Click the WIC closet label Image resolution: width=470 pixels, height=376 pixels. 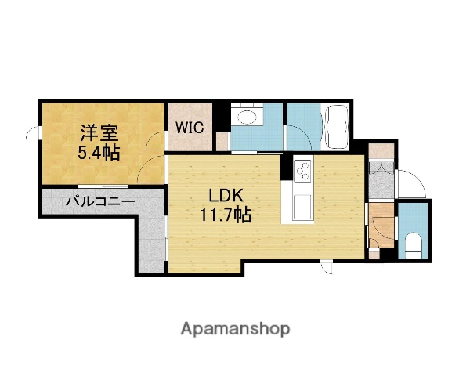(190, 127)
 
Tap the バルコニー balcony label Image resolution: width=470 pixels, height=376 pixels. (99, 201)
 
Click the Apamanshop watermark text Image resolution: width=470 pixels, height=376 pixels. (236, 329)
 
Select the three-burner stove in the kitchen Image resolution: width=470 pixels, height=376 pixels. (303, 170)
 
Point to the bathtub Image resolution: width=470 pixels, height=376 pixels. (338, 127)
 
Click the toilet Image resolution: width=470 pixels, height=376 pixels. (414, 244)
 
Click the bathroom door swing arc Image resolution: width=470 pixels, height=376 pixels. (298, 138)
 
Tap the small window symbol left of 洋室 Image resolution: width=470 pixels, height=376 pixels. (33, 134)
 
